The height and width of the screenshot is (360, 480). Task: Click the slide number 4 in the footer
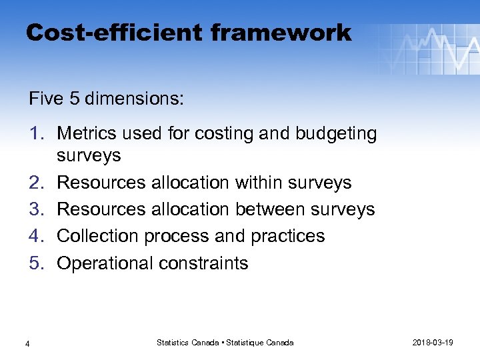pos(27,343)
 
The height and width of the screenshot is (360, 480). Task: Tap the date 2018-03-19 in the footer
pos(433,343)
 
